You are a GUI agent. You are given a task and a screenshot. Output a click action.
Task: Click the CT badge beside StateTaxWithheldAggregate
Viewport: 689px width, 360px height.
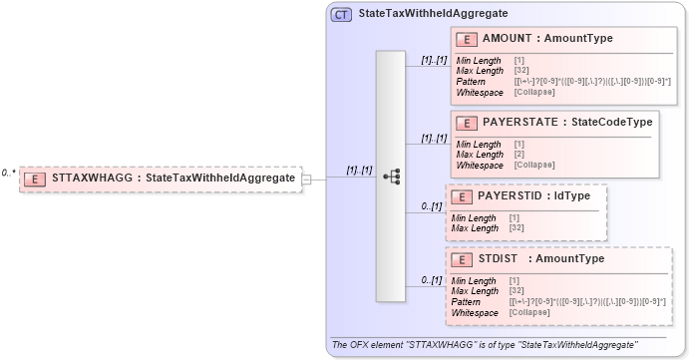(x=341, y=14)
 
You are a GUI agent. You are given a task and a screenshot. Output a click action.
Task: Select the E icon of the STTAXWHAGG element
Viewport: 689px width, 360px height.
(x=36, y=179)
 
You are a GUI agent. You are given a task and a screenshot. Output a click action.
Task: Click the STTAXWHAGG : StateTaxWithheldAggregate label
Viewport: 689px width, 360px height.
(x=172, y=179)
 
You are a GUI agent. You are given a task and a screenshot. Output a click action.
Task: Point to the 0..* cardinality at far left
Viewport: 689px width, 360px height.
(x=8, y=173)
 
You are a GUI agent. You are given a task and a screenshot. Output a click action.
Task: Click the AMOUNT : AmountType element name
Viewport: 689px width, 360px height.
(x=547, y=39)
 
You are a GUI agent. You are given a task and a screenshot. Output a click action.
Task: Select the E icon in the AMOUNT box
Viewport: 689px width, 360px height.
(x=465, y=39)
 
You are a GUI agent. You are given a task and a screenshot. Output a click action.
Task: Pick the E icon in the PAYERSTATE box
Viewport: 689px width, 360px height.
(x=465, y=124)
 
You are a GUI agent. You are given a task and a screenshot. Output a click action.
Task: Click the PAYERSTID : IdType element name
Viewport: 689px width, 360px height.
(x=534, y=196)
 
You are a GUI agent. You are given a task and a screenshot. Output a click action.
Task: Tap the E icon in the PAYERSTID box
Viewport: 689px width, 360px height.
(x=461, y=196)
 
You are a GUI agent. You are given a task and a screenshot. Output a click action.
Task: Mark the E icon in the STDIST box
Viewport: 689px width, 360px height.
(x=461, y=259)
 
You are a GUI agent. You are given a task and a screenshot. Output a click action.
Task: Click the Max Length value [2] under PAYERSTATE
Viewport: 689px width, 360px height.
(x=519, y=155)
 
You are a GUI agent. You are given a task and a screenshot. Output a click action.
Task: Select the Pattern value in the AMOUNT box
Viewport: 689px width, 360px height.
(x=592, y=81)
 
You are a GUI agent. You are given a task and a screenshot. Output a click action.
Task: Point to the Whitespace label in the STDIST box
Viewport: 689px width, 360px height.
(x=475, y=312)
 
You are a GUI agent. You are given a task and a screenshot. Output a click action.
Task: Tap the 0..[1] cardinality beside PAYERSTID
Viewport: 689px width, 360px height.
(x=431, y=206)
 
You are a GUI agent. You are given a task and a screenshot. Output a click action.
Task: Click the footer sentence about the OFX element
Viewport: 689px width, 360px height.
(x=485, y=345)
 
